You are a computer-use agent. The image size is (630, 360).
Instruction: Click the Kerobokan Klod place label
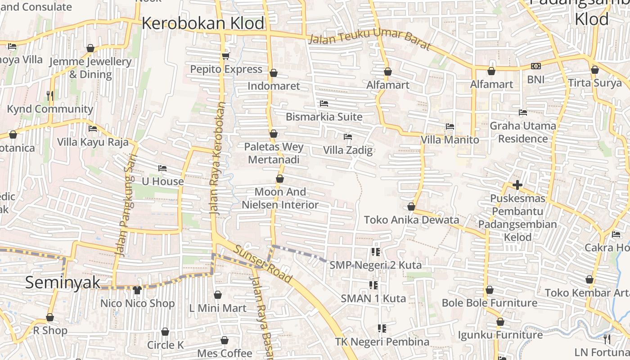tap(203, 23)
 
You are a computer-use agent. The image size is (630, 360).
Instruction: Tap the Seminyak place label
tap(63, 283)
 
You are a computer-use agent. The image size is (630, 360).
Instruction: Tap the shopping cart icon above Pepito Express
tap(225, 56)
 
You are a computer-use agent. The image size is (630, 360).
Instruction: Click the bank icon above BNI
tap(535, 66)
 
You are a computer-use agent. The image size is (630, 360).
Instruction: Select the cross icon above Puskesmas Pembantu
tap(517, 185)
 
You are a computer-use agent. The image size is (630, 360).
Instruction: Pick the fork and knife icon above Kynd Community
tap(50, 95)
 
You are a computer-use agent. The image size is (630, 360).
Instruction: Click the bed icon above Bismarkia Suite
tap(324, 103)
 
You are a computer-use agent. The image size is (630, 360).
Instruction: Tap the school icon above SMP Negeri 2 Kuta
tap(375, 252)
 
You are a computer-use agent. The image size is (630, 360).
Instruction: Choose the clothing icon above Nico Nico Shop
tap(137, 290)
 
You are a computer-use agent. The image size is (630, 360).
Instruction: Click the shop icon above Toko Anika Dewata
tap(411, 207)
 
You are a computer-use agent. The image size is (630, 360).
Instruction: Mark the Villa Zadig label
tap(348, 150)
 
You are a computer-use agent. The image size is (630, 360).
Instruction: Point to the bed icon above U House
tap(162, 168)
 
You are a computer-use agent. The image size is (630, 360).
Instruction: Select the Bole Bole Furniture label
tap(490, 303)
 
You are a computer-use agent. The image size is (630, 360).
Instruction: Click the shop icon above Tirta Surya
tap(594, 70)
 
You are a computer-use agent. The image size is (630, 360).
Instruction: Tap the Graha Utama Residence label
tap(523, 132)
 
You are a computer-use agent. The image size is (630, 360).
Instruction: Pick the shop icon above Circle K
tap(165, 332)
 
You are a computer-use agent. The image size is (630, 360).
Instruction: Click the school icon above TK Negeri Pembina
tap(382, 328)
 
